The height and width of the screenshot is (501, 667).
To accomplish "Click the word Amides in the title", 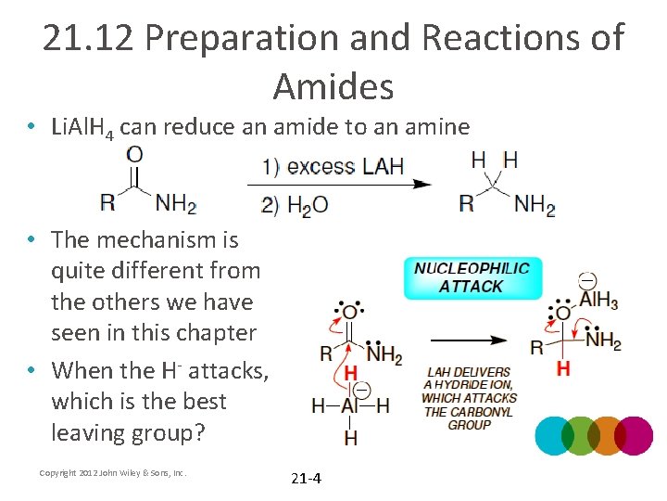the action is click(333, 86).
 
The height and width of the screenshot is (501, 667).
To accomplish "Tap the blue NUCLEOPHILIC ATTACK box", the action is click(472, 277).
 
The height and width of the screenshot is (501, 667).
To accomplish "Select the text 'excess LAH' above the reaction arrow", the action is click(345, 167).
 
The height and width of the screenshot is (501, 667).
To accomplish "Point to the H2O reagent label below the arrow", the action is click(308, 204).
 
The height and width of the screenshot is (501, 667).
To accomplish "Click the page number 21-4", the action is click(306, 479).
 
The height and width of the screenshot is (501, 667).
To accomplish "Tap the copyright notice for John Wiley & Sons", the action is click(113, 473).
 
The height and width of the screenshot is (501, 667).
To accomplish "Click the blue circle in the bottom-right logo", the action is click(555, 435).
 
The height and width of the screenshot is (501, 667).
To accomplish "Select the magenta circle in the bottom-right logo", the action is click(634, 435).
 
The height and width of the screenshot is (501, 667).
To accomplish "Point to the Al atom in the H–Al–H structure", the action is click(350, 405).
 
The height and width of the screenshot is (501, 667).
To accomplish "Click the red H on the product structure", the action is click(562, 369).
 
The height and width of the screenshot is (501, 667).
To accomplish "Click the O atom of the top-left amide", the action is click(134, 155).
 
